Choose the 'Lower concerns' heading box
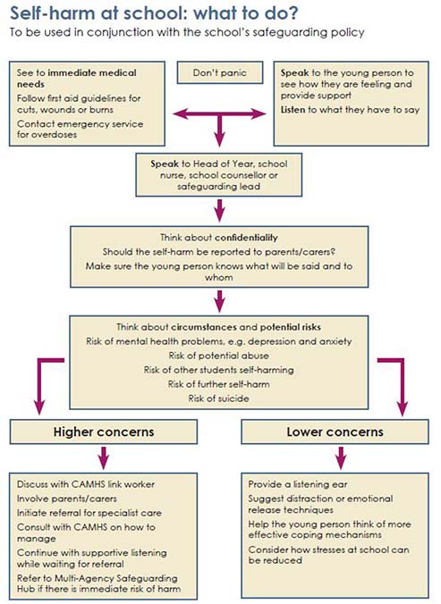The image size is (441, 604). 335,432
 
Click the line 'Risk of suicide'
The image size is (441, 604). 219,398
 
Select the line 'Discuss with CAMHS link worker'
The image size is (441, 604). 85,483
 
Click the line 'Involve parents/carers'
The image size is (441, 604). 65,499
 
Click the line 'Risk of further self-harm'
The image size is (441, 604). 219,384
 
